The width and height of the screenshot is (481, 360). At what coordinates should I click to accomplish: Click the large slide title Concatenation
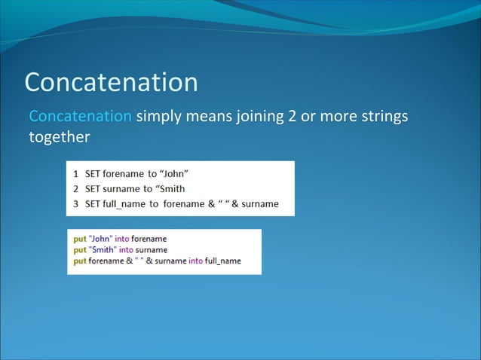[x=112, y=82]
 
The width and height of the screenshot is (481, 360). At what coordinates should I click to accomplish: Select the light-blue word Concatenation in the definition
[x=80, y=117]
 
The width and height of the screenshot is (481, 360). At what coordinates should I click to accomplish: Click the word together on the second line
[x=59, y=137]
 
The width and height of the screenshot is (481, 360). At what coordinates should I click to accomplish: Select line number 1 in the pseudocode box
[x=75, y=173]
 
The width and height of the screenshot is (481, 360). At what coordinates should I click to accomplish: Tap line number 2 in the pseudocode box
[x=75, y=188]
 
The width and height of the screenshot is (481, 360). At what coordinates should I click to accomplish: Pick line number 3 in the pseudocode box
[x=75, y=203]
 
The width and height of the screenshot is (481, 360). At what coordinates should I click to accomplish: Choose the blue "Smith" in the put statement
[x=103, y=249]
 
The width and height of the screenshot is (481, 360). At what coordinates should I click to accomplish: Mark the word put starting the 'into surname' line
[x=79, y=249]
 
